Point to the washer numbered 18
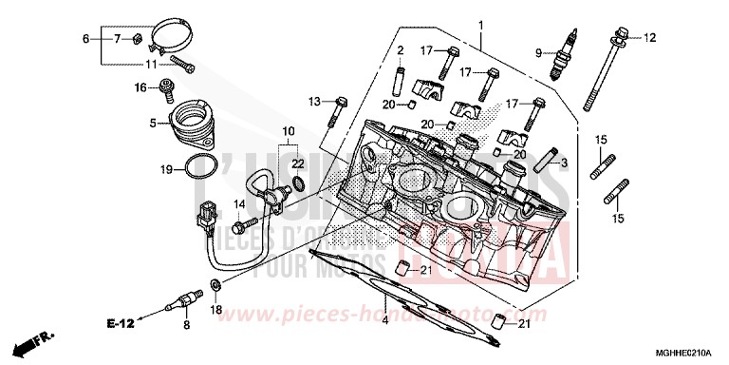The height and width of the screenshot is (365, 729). pyautogui.click(x=215, y=284)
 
